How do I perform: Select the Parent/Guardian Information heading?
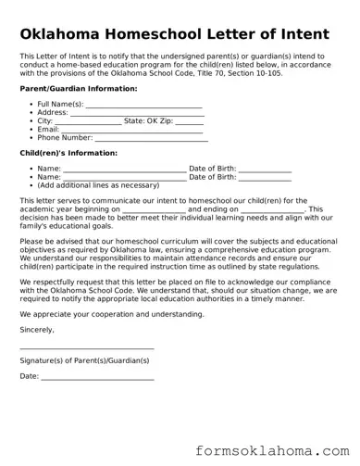[78, 88]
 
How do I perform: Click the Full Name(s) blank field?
[143, 105]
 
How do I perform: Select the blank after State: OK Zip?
[189, 121]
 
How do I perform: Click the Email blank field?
[131, 130]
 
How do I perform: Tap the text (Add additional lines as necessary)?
[98, 185]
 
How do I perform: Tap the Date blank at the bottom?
[97, 376]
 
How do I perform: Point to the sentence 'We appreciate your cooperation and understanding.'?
[112, 314]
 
